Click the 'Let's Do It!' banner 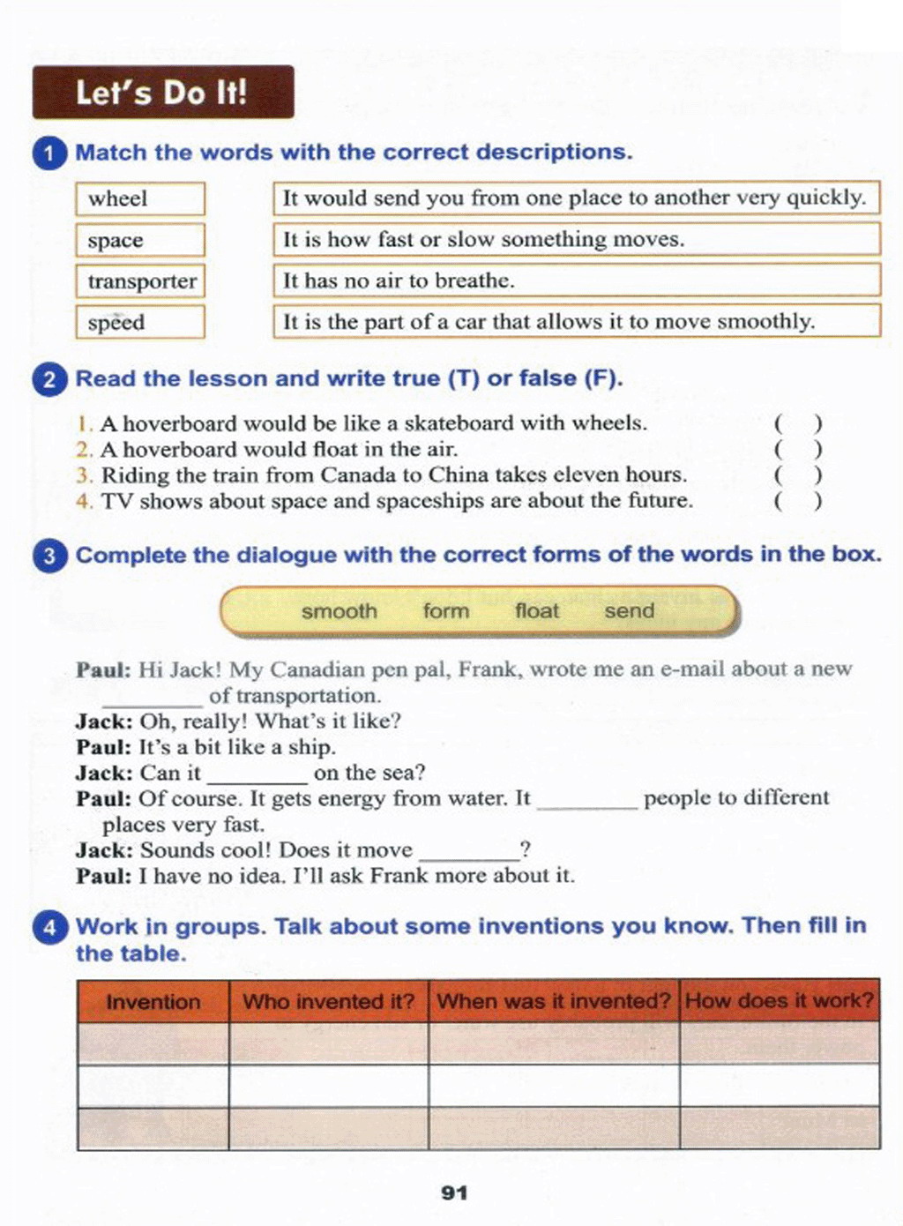coord(163,92)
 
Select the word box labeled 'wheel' coord(140,198)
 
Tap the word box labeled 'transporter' coord(140,281)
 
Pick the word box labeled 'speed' coord(140,322)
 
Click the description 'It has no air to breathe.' coord(577,280)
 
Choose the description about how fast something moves coord(577,239)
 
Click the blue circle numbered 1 coord(49,153)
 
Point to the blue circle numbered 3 coord(49,557)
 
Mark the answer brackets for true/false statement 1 coord(798,424)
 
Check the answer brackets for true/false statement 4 coord(798,501)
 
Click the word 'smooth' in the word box coord(339,611)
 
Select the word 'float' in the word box coord(536,611)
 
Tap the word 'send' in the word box coord(629,611)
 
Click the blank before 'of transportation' coord(153,700)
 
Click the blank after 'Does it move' coord(469,855)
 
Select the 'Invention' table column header coord(153,1001)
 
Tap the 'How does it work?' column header coord(780,1000)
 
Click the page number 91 coord(454,1192)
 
